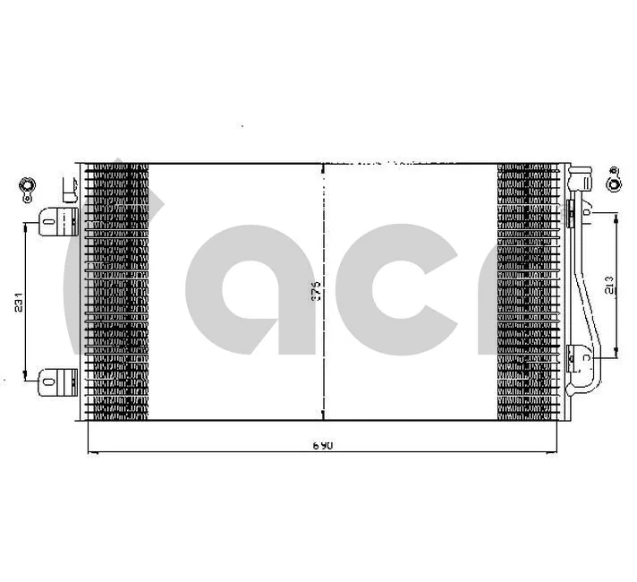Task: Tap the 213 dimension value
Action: tap(608, 286)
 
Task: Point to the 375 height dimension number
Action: tap(316, 291)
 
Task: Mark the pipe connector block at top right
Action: tap(581, 175)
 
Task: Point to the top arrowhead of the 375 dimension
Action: tap(322, 168)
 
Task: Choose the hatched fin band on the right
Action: tap(528, 291)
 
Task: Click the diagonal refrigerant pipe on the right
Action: tap(582, 278)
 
